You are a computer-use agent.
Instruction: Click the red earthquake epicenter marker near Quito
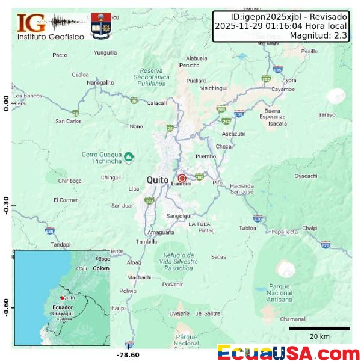click(182, 178)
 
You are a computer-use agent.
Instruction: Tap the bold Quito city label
click(158, 179)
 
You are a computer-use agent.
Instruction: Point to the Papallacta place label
click(285, 232)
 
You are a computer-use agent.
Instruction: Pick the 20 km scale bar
click(319, 328)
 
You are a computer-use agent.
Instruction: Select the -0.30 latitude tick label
click(7, 205)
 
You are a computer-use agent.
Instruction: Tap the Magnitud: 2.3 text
click(318, 35)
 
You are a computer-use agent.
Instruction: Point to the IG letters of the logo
click(31, 23)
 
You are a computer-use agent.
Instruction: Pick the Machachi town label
click(140, 277)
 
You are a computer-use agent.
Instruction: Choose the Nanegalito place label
click(100, 82)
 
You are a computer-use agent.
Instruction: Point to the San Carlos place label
click(69, 121)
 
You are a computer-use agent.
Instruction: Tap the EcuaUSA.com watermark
click(288, 353)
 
